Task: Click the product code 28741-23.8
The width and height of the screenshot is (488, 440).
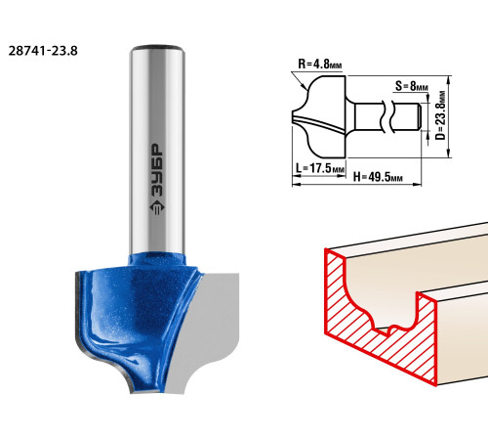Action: [43, 51]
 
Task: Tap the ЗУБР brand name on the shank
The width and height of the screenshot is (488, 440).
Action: [157, 170]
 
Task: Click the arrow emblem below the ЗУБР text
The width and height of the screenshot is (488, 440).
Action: [157, 207]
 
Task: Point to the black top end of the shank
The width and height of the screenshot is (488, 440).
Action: [157, 48]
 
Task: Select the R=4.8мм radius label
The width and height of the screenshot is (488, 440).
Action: [320, 64]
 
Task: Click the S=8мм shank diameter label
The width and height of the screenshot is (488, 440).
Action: [412, 86]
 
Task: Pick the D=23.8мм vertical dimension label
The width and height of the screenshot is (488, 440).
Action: [440, 115]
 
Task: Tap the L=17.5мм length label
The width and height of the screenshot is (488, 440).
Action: [320, 168]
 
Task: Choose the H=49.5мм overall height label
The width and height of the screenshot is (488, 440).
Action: [378, 177]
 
